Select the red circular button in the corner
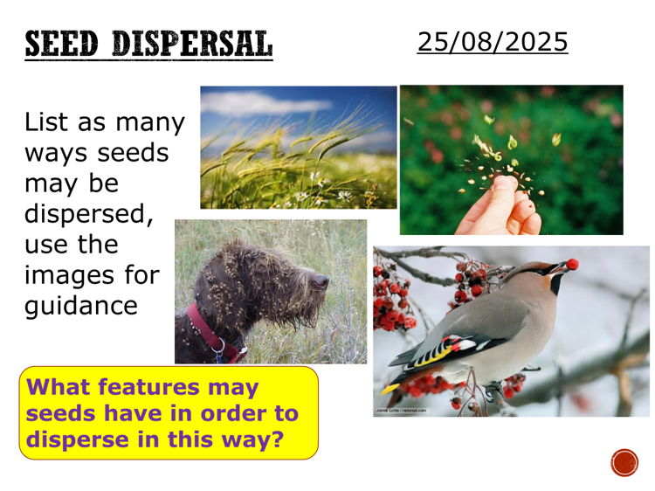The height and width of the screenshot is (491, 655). point(624,462)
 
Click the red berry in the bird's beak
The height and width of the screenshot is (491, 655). point(573,264)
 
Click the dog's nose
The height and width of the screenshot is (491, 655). point(323,280)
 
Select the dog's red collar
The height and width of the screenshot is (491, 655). point(209,335)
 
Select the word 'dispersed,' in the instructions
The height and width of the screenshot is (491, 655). point(88,214)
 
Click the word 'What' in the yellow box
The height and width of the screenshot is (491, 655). point(59,386)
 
